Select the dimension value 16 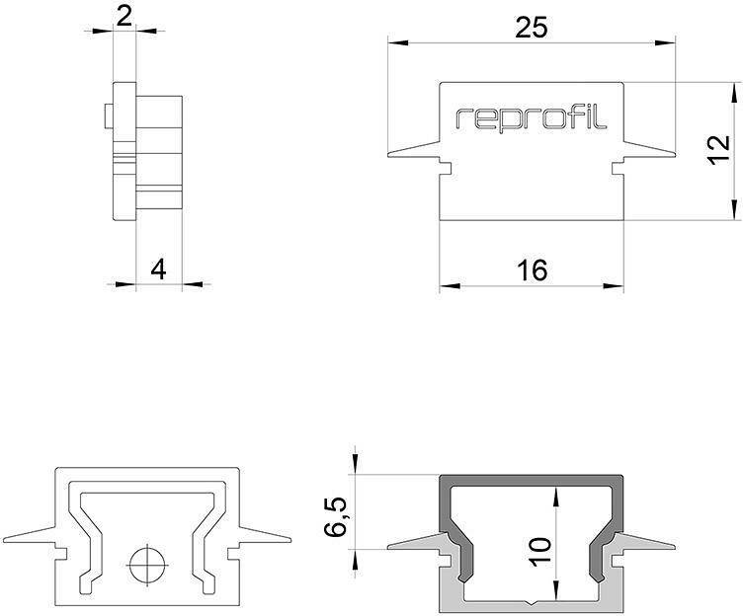coord(532,269)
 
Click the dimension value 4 coord(158,269)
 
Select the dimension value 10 coord(537,550)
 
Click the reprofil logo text coord(532,118)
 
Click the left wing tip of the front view coord(389,155)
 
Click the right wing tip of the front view coord(675,155)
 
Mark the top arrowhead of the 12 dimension coord(734,91)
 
